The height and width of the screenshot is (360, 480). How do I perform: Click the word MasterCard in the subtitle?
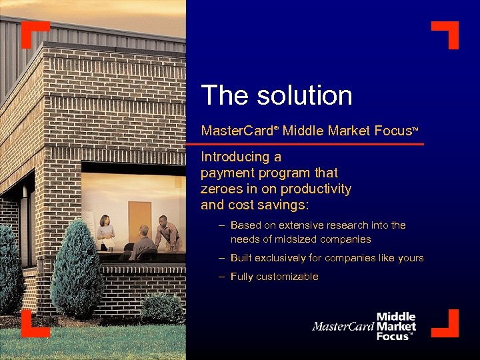[x=237, y=131]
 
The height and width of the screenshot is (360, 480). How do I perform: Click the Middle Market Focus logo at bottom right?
[x=365, y=327]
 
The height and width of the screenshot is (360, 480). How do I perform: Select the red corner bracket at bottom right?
[x=447, y=325]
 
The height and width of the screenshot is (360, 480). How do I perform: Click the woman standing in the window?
[x=105, y=233]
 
